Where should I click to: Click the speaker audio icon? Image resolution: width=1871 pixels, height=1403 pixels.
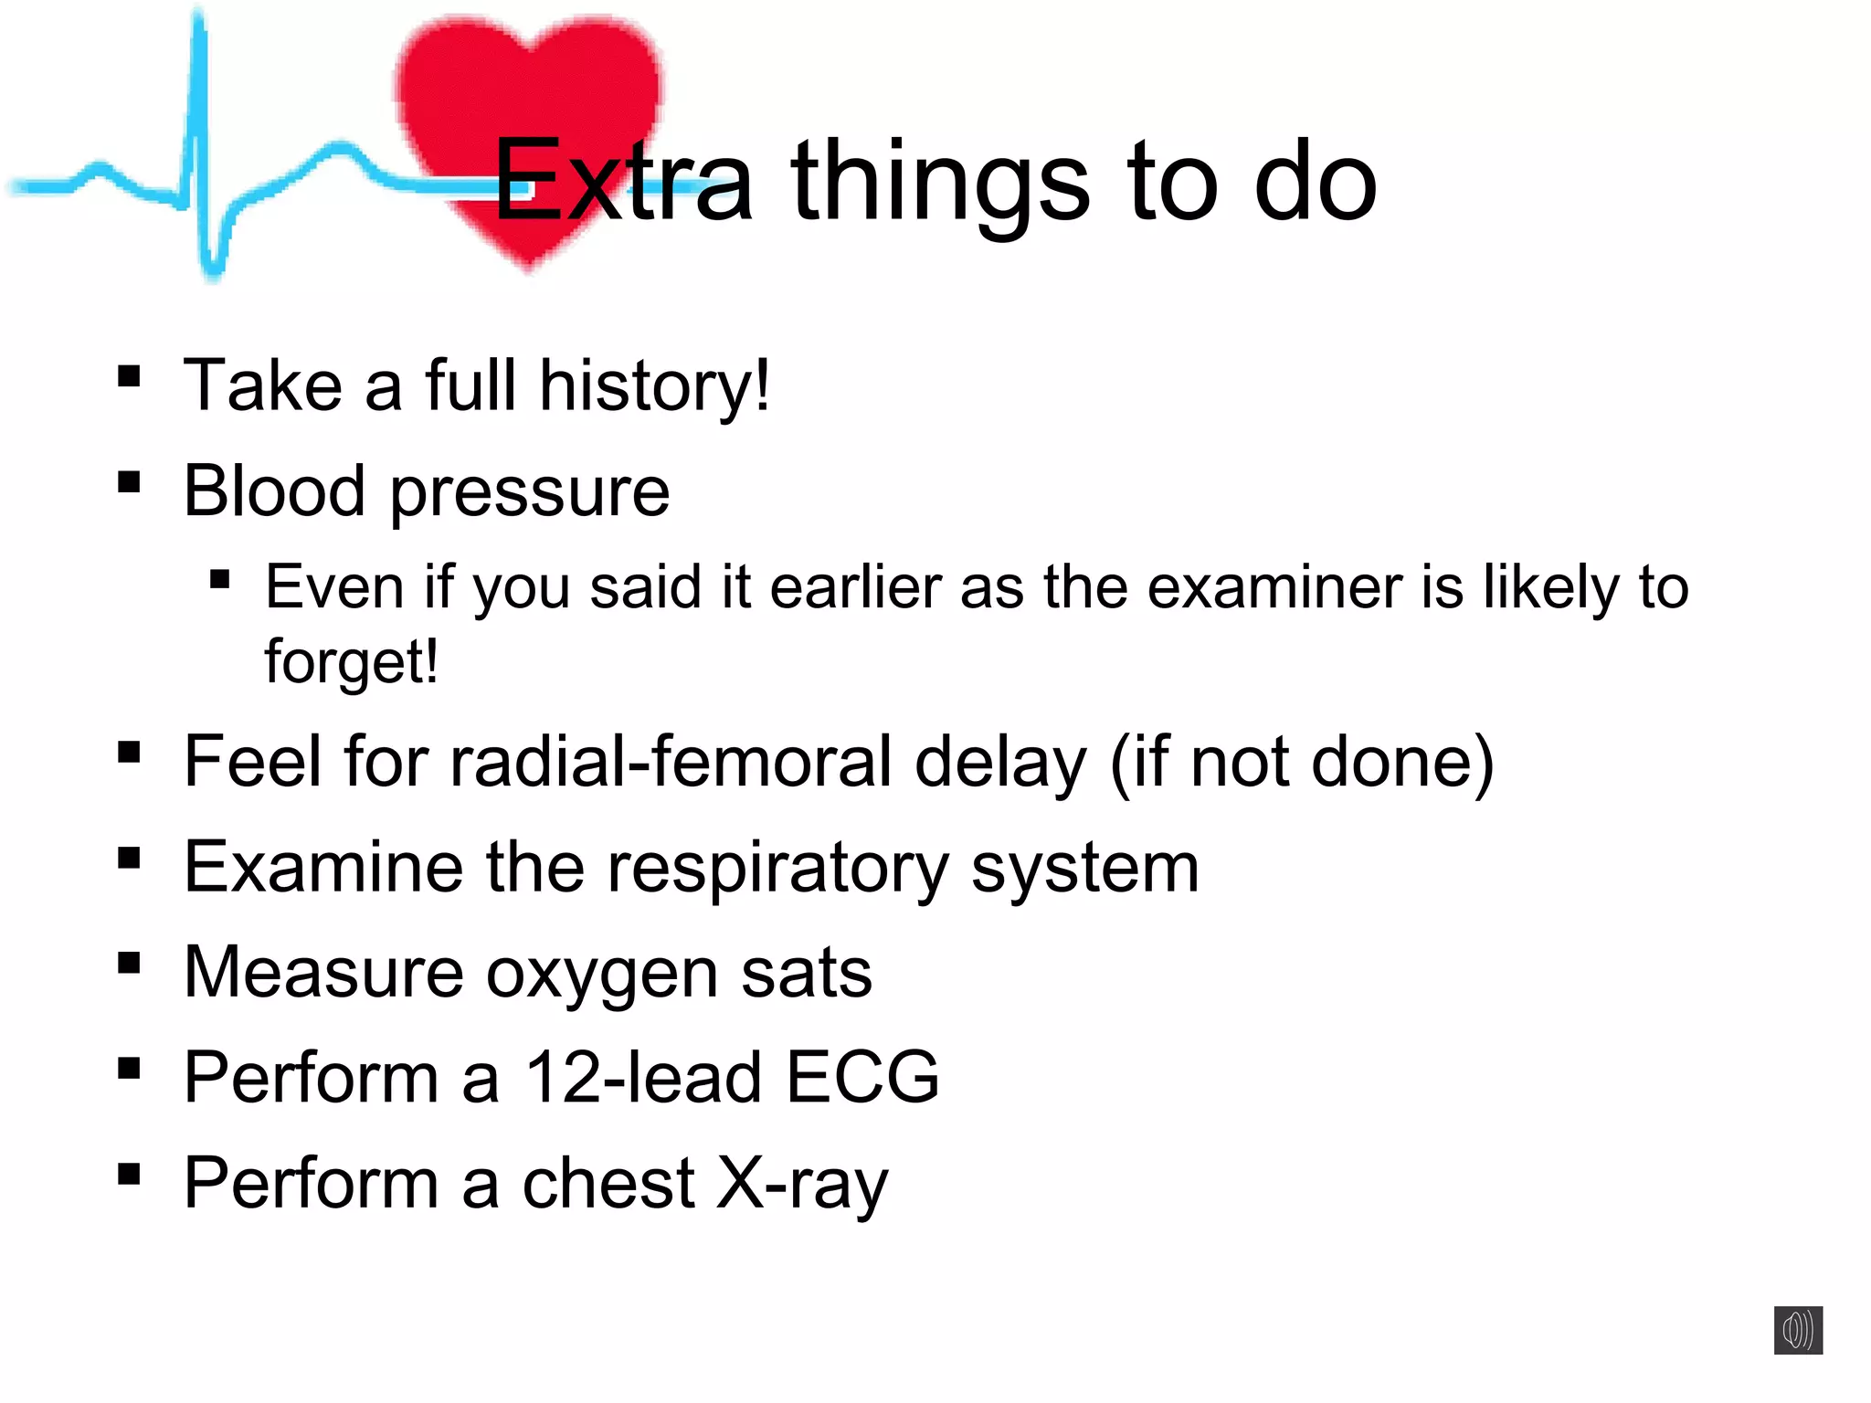coord(1798,1330)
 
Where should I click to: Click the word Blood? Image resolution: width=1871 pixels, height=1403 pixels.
coord(274,491)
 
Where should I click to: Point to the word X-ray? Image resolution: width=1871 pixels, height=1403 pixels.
coord(801,1185)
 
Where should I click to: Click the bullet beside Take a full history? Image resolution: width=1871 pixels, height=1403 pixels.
coord(129,376)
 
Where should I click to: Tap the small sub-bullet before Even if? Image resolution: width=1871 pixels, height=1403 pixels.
coord(219,579)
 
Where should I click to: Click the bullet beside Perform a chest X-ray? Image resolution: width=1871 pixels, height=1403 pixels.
coord(129,1174)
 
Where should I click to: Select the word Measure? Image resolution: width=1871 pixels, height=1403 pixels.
coord(322,973)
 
